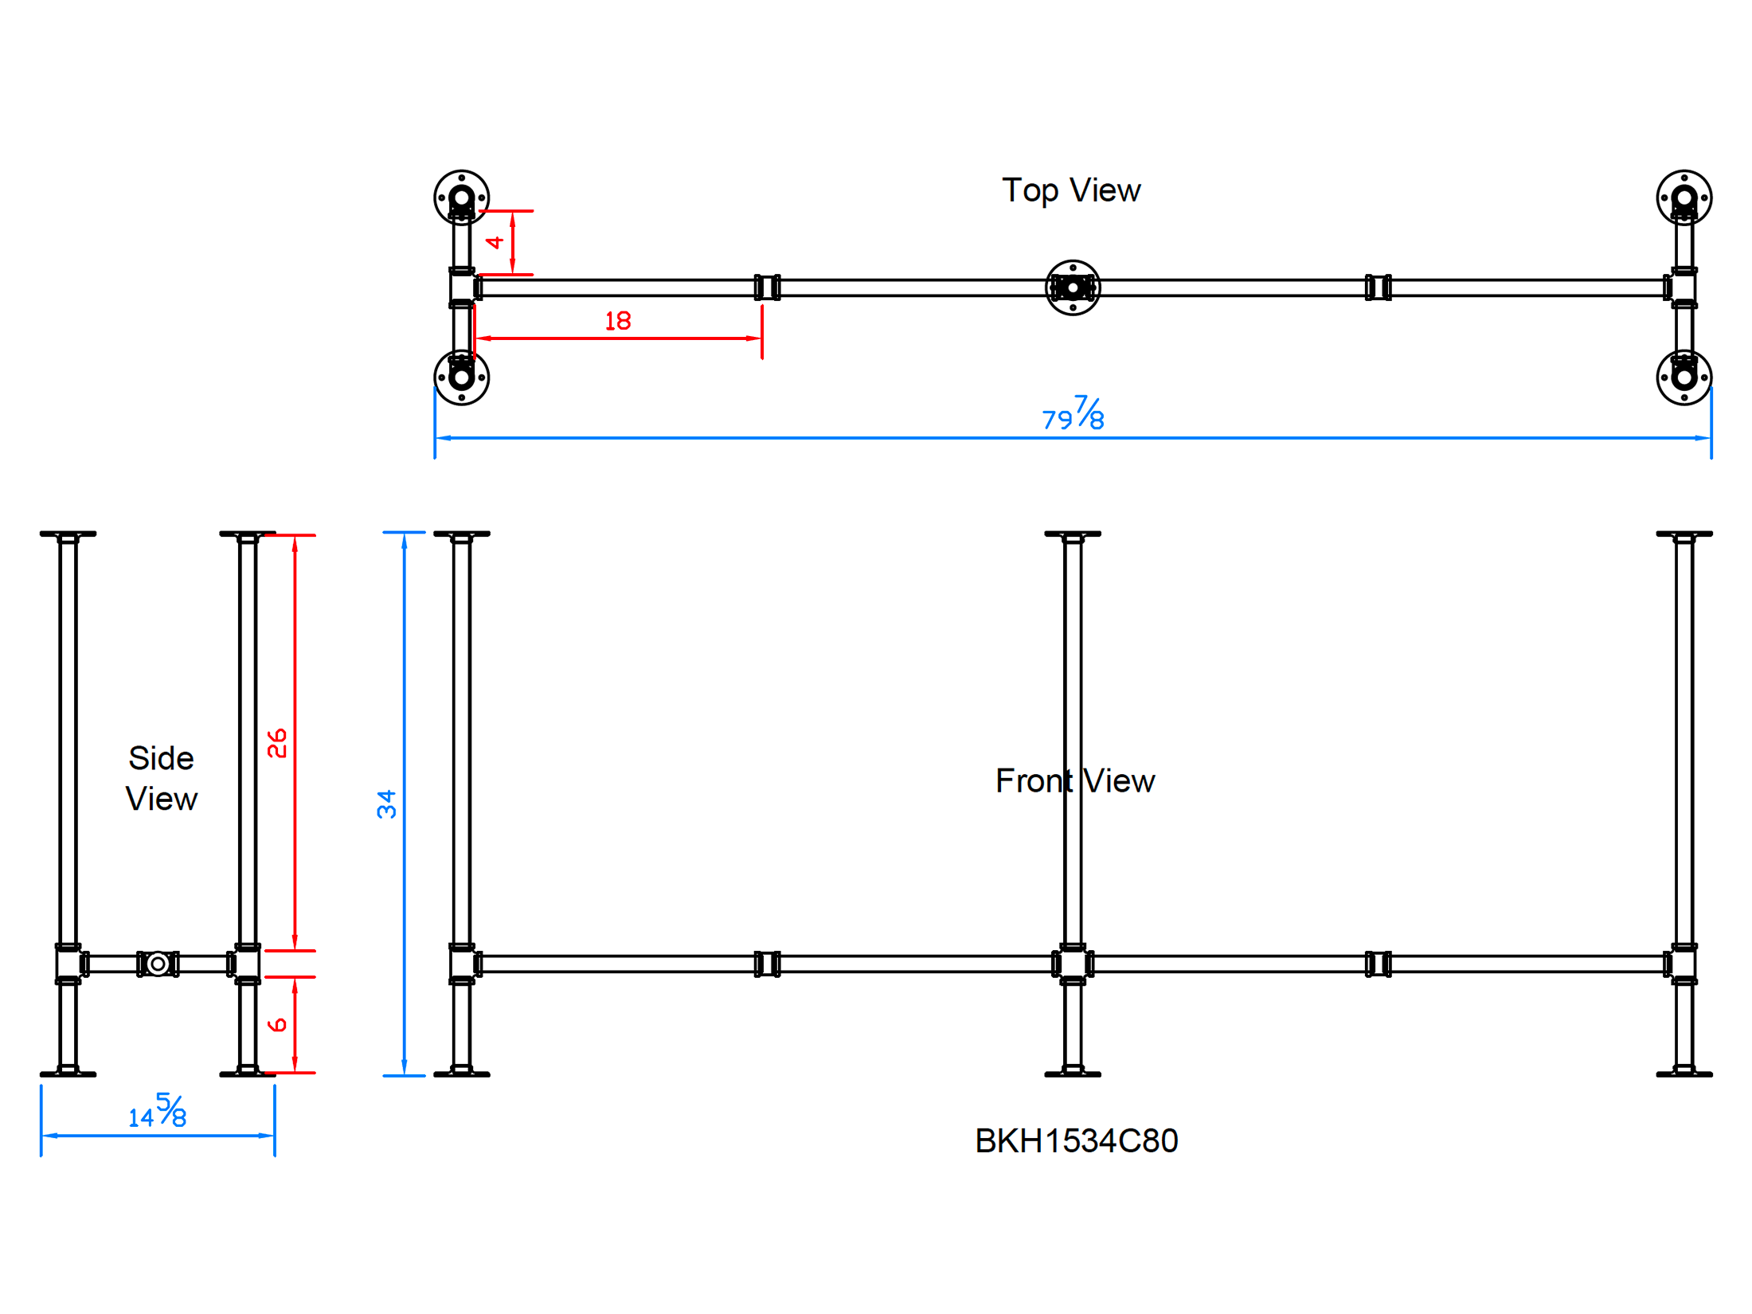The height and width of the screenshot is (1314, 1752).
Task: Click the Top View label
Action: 1070,191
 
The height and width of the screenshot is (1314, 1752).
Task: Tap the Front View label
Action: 1074,781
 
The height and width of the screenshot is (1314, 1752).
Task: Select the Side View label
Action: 161,779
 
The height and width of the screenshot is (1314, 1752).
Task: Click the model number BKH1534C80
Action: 1076,1141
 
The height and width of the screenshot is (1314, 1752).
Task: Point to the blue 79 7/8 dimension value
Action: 1073,413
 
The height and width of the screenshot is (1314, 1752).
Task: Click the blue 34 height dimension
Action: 387,804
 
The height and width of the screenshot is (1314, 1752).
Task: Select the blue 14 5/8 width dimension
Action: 158,1111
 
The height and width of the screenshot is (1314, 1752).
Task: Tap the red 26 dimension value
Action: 277,743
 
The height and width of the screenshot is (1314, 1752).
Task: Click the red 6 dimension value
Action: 277,1025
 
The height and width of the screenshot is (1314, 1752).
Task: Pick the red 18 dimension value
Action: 617,321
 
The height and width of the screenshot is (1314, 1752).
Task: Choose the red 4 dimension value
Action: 495,242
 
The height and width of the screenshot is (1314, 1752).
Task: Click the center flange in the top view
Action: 1073,287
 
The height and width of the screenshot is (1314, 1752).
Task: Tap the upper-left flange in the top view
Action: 461,197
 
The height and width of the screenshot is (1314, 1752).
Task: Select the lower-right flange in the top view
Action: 1684,377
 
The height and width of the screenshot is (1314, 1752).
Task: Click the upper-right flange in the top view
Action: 1684,197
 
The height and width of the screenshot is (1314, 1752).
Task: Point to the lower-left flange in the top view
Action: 461,377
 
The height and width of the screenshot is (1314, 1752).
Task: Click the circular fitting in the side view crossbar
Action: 158,964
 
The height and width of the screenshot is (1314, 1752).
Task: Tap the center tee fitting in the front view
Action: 1073,964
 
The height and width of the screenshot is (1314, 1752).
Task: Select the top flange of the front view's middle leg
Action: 1073,534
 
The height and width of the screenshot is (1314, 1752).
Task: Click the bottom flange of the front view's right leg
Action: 1684,1074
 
